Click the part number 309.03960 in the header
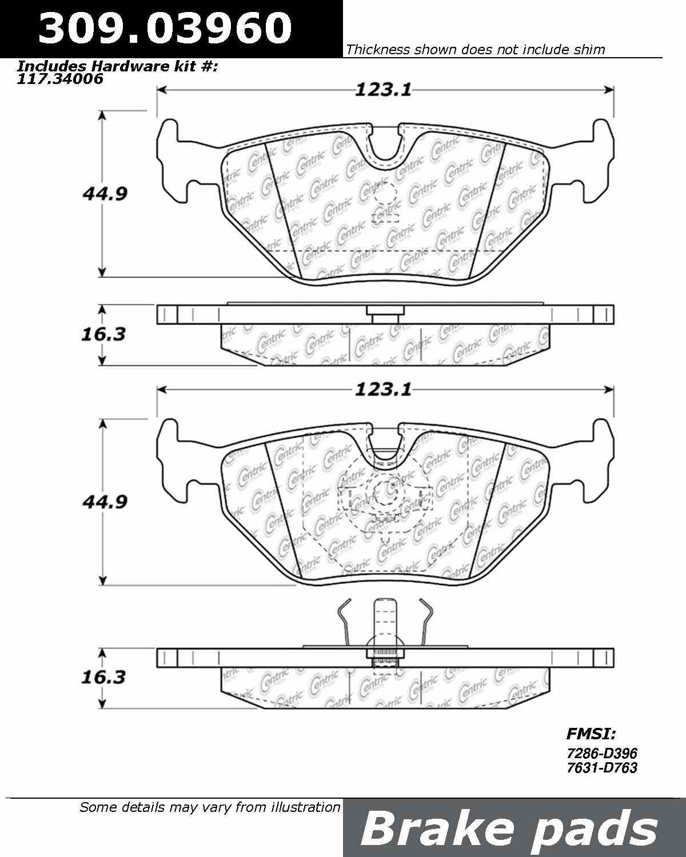(x=165, y=29)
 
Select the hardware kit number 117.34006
(x=61, y=79)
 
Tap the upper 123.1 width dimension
(x=382, y=90)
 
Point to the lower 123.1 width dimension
(x=382, y=390)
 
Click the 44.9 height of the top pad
(x=104, y=194)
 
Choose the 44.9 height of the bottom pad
(x=104, y=502)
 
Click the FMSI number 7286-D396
(x=601, y=754)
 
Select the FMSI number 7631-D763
(x=601, y=768)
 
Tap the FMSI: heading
(x=591, y=734)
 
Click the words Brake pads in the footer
(x=508, y=828)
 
